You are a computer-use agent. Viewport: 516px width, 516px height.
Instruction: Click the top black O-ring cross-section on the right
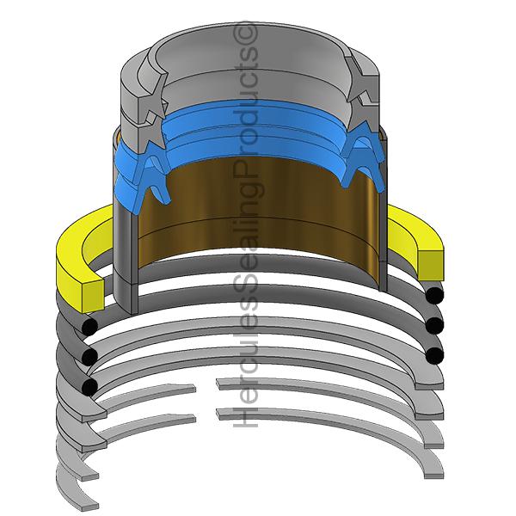pos(435,297)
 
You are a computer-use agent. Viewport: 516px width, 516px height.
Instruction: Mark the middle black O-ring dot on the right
pos(435,325)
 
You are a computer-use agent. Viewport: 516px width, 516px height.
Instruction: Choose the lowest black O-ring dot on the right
pos(435,354)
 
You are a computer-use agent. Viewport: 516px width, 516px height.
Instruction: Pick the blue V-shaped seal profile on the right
pos(361,159)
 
